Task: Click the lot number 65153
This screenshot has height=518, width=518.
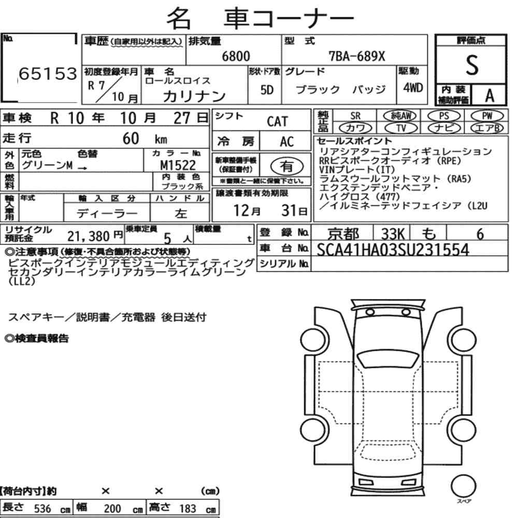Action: pos(48,74)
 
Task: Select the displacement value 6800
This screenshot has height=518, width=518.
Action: pos(236,56)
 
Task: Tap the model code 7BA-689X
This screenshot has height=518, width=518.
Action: pos(357,56)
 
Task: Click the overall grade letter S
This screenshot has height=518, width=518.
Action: pos(472,65)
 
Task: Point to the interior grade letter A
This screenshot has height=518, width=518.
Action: pos(490,95)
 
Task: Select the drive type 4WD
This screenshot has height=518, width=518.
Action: pos(413,88)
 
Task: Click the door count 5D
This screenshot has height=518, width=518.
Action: pos(267,90)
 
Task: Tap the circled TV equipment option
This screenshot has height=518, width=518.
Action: pos(401,128)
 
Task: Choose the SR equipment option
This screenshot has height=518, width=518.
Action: pos(355,116)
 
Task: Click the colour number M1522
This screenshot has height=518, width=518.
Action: pos(178,165)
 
